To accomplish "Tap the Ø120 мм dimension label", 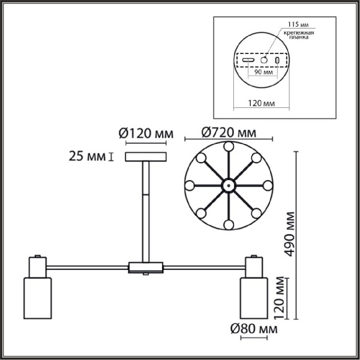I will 145,133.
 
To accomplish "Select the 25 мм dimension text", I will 88,156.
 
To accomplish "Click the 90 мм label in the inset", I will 264,73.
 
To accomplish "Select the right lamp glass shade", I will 254,295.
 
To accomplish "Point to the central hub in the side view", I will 145,268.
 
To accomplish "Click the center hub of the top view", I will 228,185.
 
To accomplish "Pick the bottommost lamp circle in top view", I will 228,224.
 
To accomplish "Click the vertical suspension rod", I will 146,211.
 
